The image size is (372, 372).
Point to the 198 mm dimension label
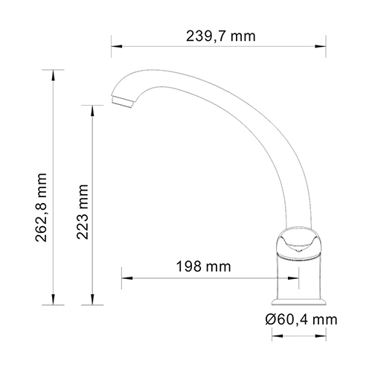(202, 266)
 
